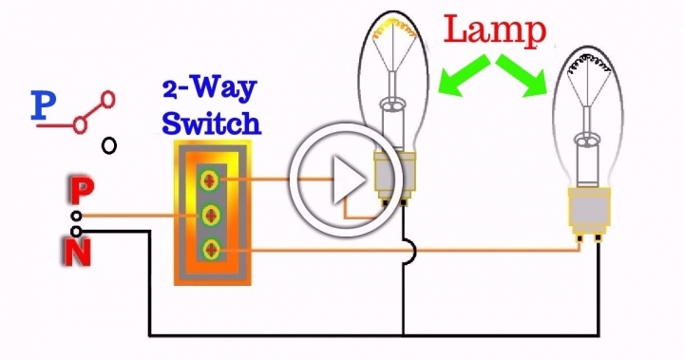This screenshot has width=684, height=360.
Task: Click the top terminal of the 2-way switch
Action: (x=211, y=178)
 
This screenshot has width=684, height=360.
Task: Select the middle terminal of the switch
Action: (x=211, y=214)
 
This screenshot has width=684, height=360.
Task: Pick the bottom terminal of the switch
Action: (x=211, y=250)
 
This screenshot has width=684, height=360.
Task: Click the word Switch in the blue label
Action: (x=211, y=123)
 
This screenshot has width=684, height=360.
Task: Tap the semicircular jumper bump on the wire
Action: (x=408, y=251)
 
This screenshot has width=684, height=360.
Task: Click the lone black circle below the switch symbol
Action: (x=110, y=145)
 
